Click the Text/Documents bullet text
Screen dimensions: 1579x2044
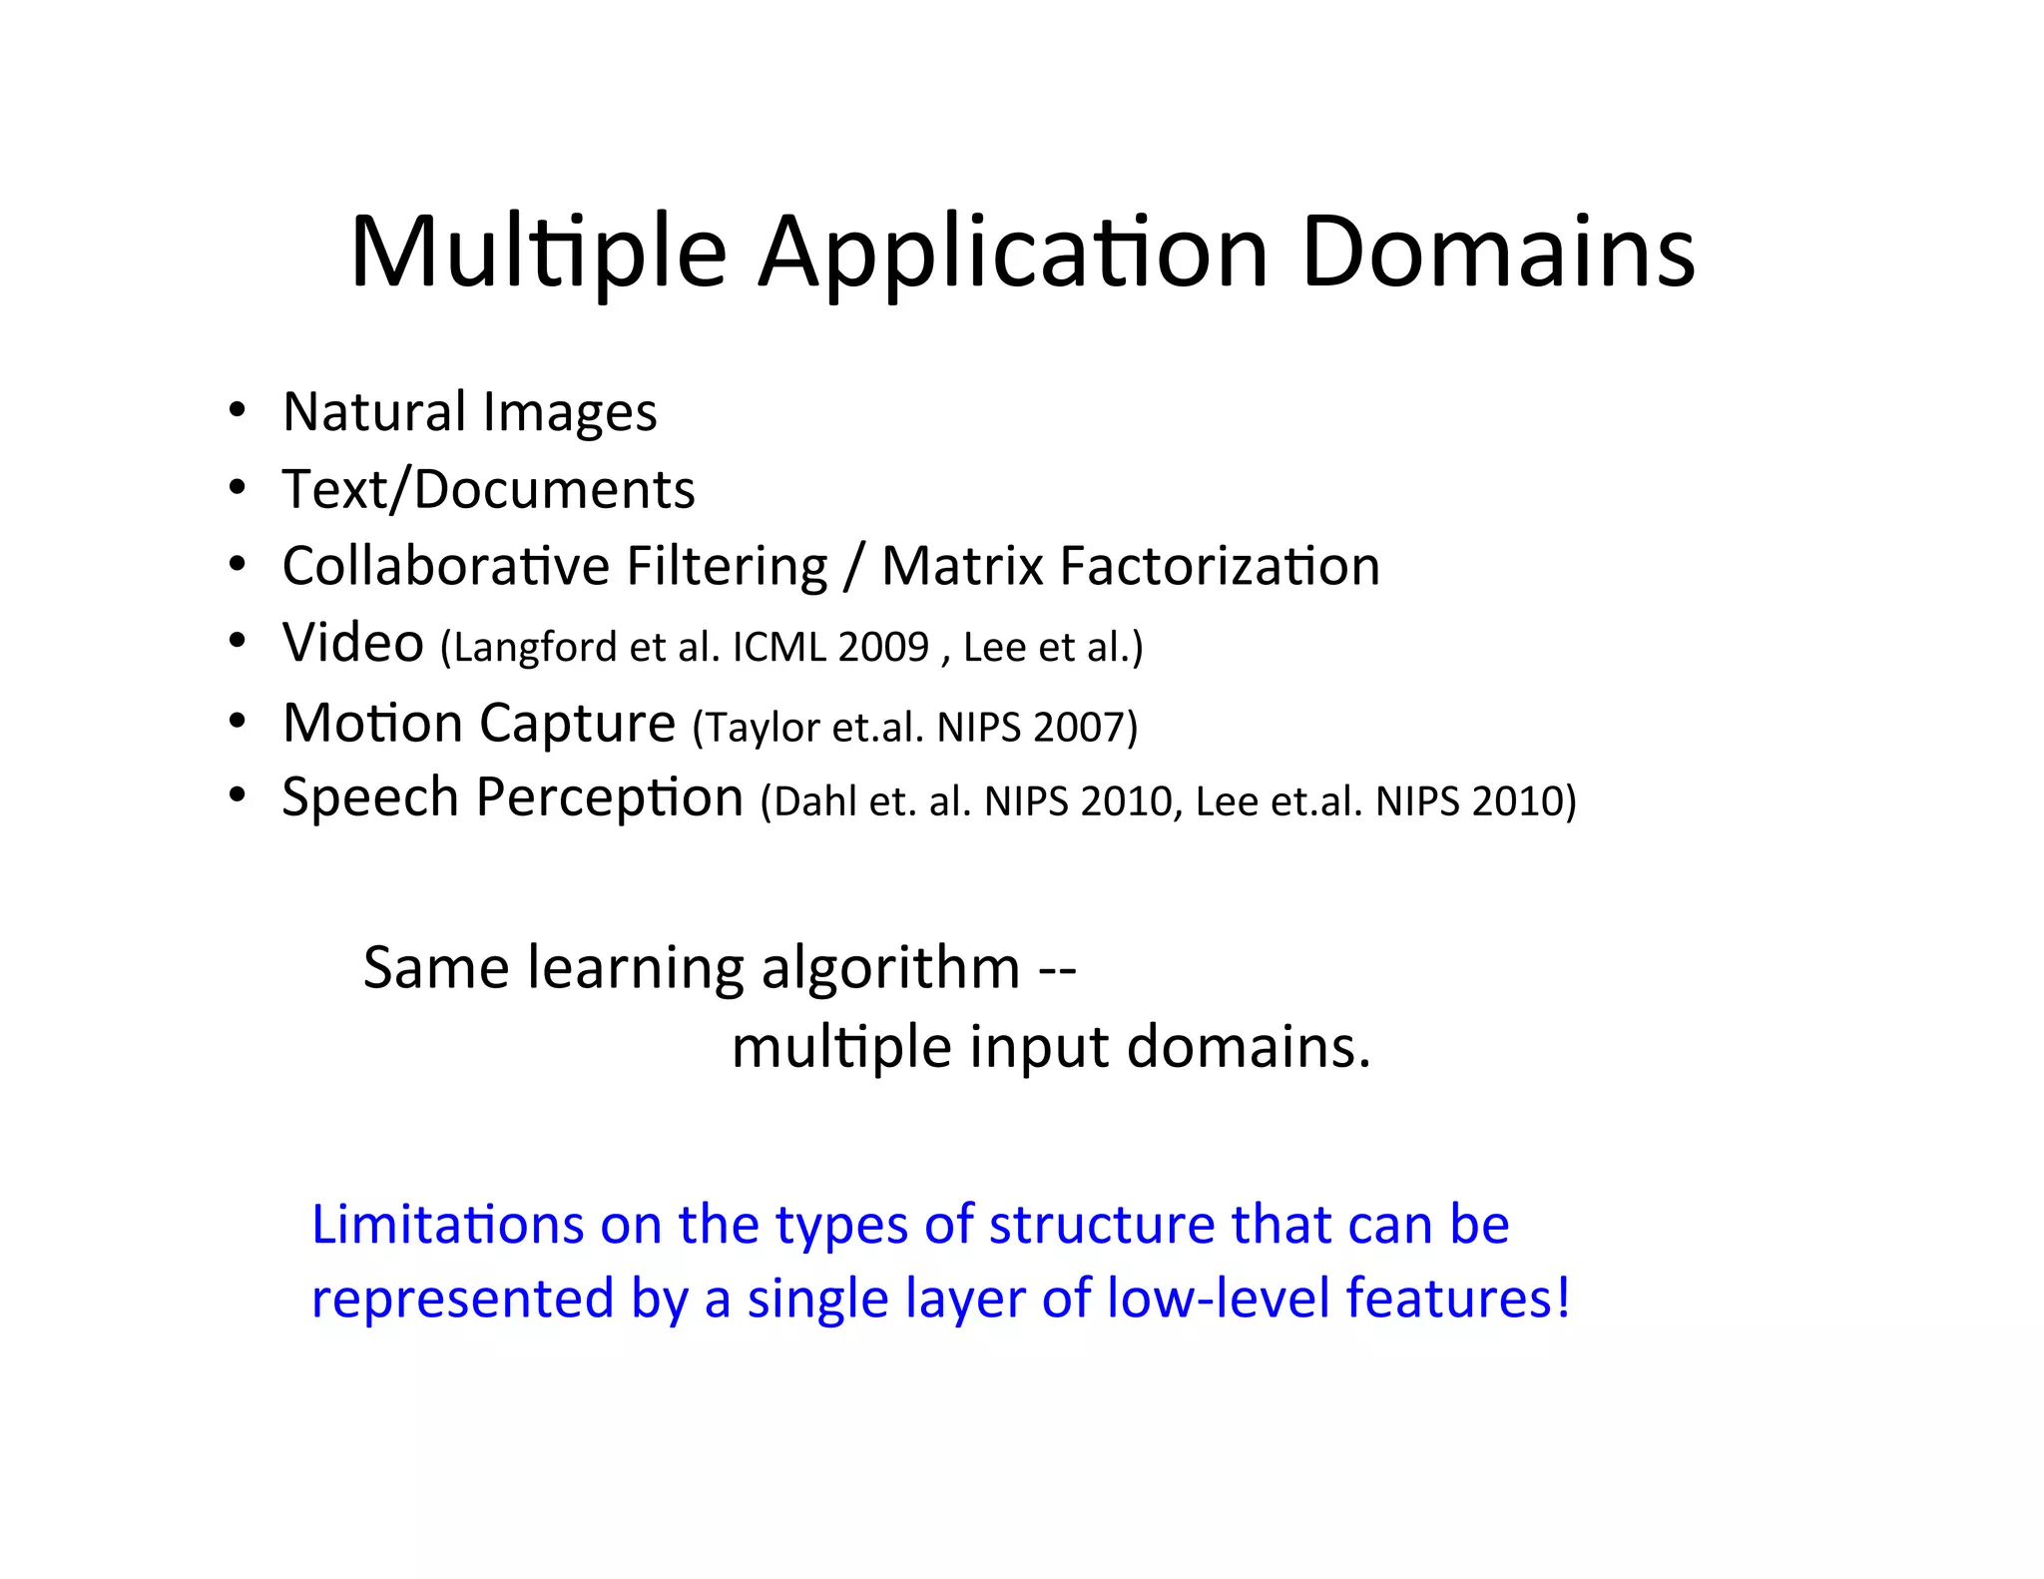point(488,489)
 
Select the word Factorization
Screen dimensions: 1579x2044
point(1220,566)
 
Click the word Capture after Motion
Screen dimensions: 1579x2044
point(577,723)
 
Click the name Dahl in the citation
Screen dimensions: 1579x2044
point(814,801)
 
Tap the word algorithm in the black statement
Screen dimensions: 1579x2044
point(890,968)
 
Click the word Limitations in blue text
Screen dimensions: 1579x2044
point(447,1225)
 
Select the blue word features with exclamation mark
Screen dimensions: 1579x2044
point(1457,1299)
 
